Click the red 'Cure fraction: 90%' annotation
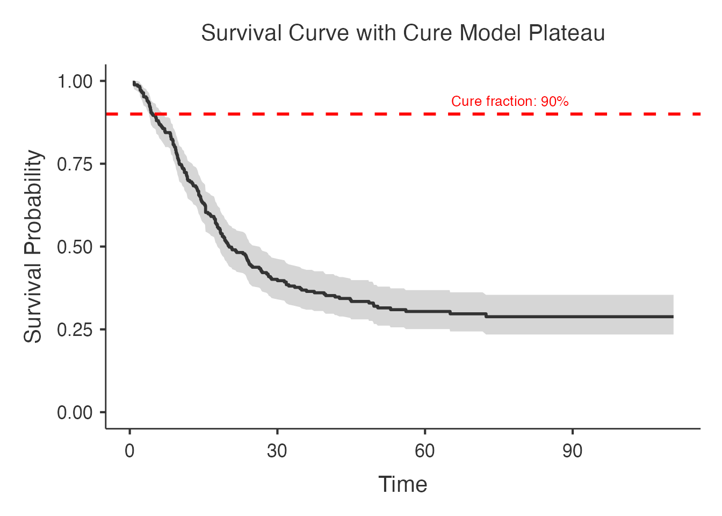[510, 102]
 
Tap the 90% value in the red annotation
[555, 102]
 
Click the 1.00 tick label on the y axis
[75, 82]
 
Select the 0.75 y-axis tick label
[75, 164]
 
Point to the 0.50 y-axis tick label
[75, 247]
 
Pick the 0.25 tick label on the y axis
[75, 329]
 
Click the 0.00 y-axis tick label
[75, 412]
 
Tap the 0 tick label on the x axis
[129, 451]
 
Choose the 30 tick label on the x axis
[277, 451]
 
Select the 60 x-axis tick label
[424, 451]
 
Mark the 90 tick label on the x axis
[572, 451]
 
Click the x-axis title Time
[403, 484]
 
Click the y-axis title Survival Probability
[33, 247]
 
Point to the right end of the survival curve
[673, 316]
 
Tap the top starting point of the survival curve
[135, 83]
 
